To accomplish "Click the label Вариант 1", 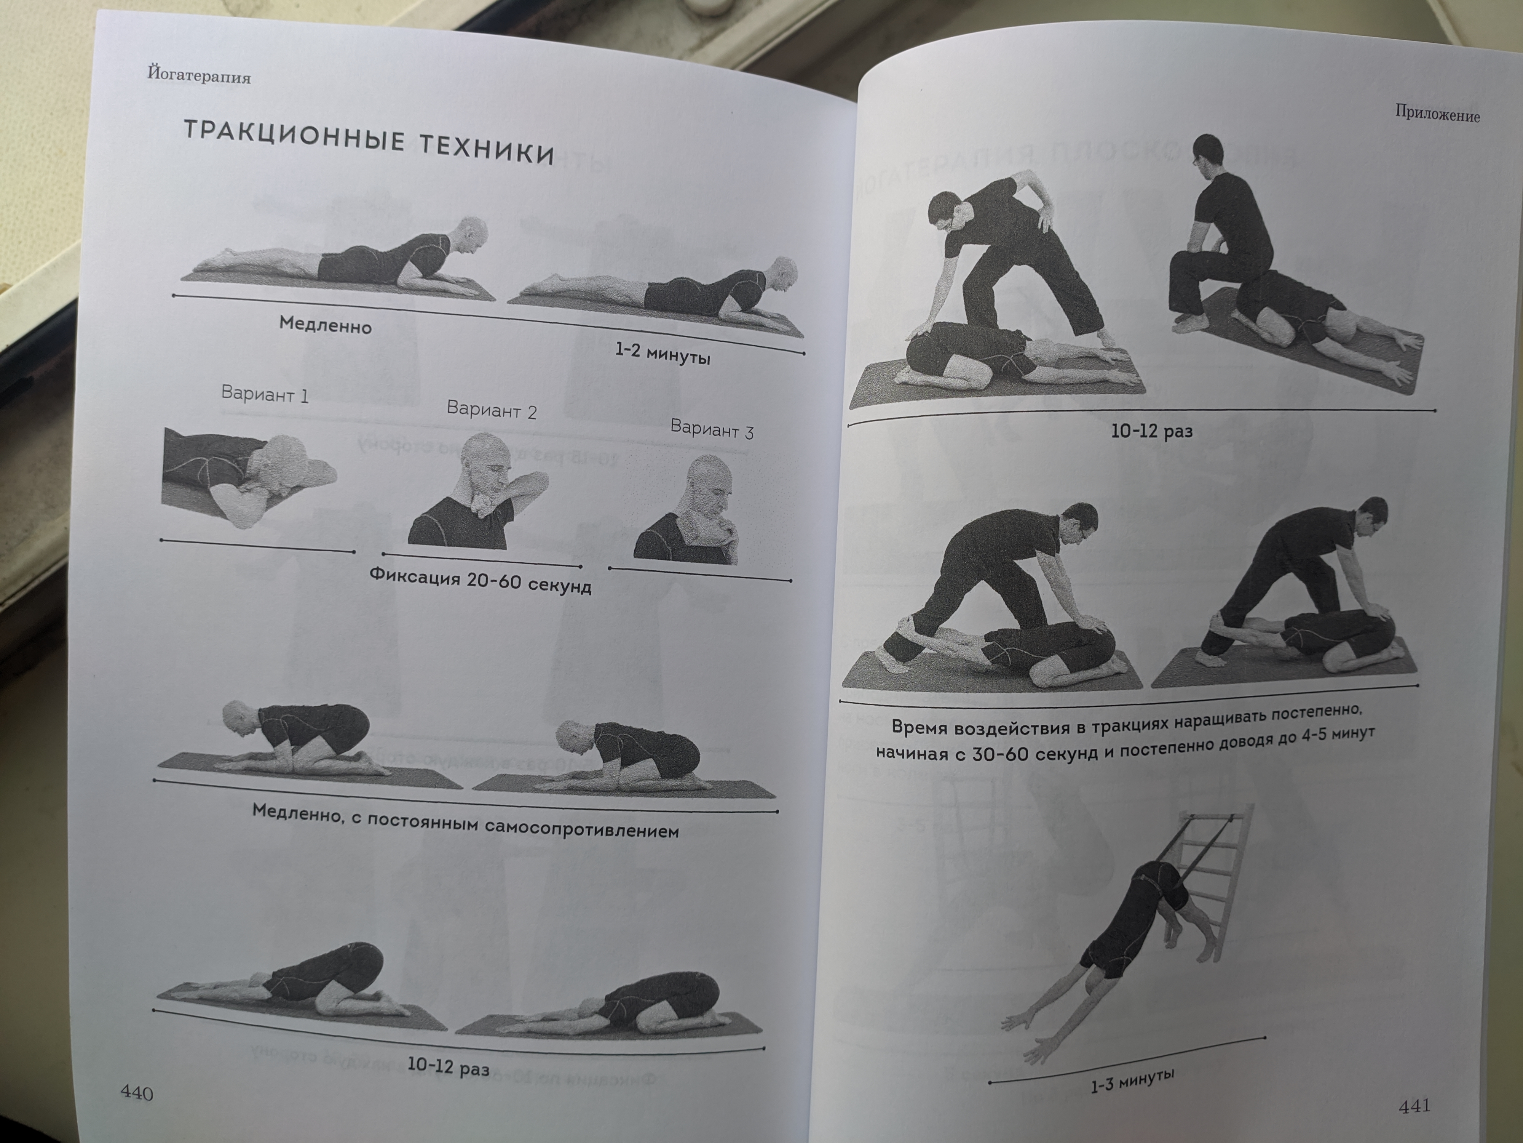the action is (x=264, y=394).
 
